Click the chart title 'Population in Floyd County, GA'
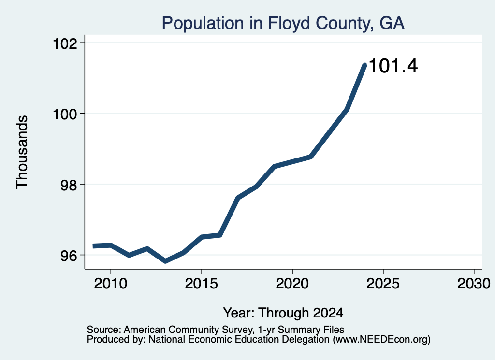click(283, 23)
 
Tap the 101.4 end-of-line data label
click(393, 66)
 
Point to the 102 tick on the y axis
click(65, 43)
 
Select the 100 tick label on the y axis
click(65, 114)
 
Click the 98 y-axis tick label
click(69, 185)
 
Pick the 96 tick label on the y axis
click(69, 255)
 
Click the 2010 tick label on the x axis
click(111, 284)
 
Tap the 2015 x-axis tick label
click(202, 284)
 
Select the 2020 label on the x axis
click(292, 284)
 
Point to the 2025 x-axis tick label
click(383, 284)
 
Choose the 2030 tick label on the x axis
click(474, 284)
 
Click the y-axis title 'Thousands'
click(22, 152)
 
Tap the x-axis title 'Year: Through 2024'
click(283, 313)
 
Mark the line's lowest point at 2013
click(165, 261)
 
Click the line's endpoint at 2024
click(365, 65)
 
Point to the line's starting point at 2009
click(93, 246)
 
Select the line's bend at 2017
click(238, 198)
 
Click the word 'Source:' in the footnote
click(104, 330)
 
